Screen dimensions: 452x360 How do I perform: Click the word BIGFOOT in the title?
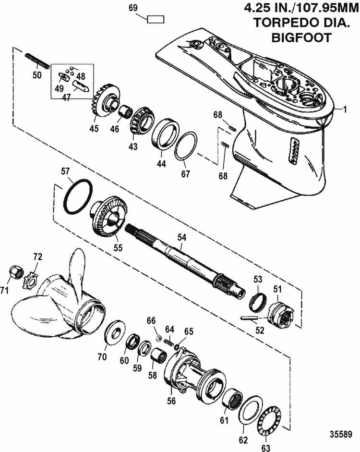(299, 37)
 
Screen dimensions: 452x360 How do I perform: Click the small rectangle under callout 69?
(156, 19)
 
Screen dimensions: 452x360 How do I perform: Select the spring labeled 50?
(36, 61)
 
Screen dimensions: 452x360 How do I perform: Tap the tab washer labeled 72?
(33, 280)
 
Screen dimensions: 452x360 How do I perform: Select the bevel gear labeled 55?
(108, 215)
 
